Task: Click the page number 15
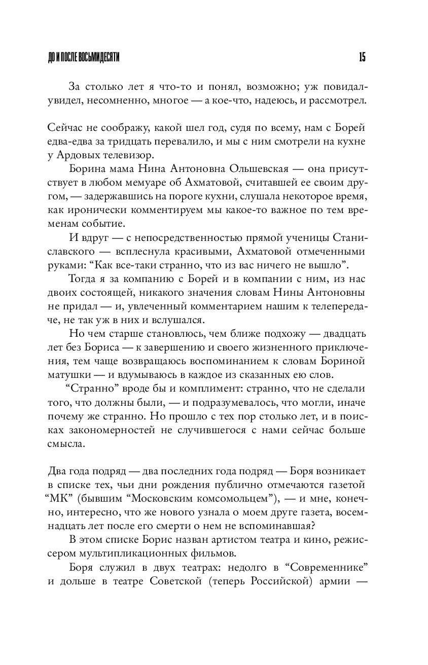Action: pos(362,57)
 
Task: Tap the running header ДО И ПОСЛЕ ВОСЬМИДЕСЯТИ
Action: pos(84,57)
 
